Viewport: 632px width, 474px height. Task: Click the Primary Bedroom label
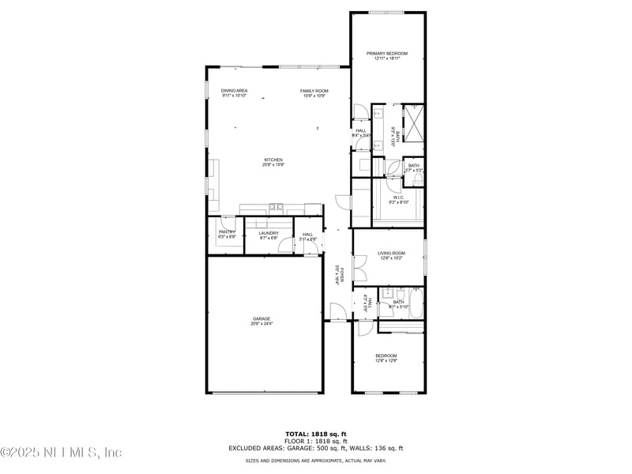(387, 53)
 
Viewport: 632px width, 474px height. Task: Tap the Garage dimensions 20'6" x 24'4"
(261, 324)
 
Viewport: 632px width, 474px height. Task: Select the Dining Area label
(234, 91)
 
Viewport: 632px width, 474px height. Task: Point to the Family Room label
(314, 91)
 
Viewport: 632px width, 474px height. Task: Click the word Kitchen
(273, 160)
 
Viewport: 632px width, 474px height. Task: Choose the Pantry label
(227, 231)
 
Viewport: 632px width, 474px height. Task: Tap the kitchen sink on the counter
(276, 208)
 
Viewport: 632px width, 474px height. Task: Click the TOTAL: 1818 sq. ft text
(315, 434)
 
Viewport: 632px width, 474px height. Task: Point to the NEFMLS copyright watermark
(61, 453)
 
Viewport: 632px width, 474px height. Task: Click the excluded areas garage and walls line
(315, 448)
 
